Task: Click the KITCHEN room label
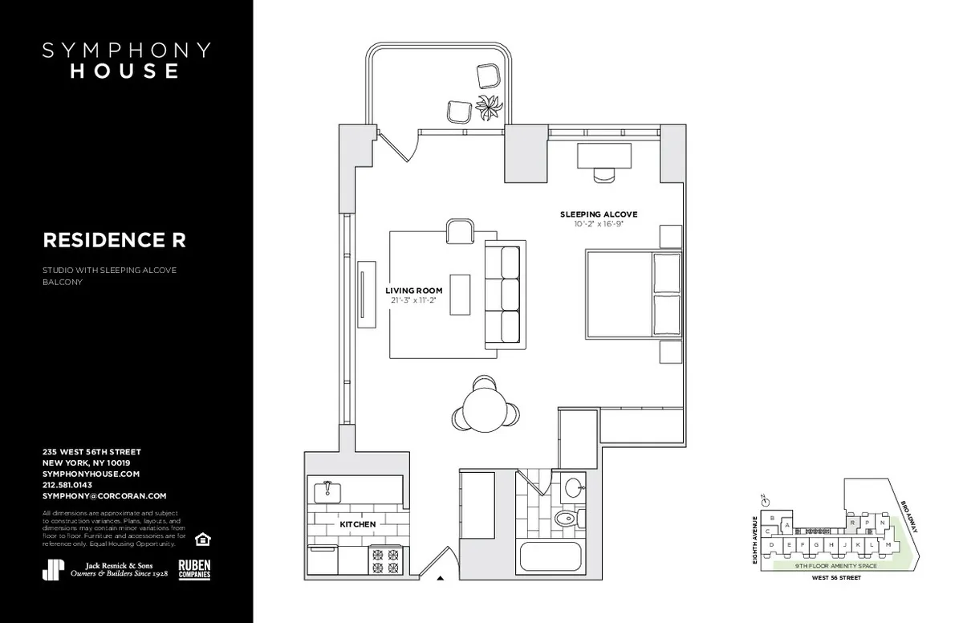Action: click(358, 523)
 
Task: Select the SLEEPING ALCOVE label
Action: click(599, 214)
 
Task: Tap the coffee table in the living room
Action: click(460, 295)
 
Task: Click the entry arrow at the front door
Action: click(439, 576)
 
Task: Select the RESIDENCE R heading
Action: click(114, 239)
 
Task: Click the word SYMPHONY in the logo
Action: click(126, 50)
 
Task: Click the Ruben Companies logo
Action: click(194, 568)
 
